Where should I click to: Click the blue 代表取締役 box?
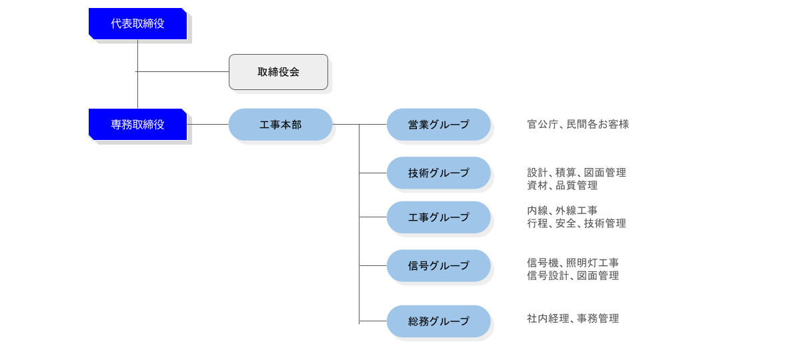(137, 23)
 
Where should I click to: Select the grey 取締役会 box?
(278, 72)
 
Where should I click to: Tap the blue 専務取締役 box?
(137, 124)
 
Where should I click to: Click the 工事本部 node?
(280, 125)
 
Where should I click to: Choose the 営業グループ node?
(438, 125)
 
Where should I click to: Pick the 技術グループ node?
(438, 173)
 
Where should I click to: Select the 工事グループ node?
(438, 217)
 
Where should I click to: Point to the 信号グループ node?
(438, 266)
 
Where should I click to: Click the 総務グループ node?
(438, 321)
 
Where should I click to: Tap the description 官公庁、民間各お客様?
(578, 125)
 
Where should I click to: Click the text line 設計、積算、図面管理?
(576, 173)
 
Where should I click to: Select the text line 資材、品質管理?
(562, 185)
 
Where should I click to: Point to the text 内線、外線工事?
(562, 211)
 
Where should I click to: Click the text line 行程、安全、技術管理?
(576, 223)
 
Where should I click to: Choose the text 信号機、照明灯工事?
(573, 263)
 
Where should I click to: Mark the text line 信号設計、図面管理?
(573, 275)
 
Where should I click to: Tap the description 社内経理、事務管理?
(573, 319)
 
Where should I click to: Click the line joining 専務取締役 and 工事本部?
(207, 125)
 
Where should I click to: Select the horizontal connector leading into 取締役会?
(183, 71)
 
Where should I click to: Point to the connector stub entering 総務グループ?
(373, 321)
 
